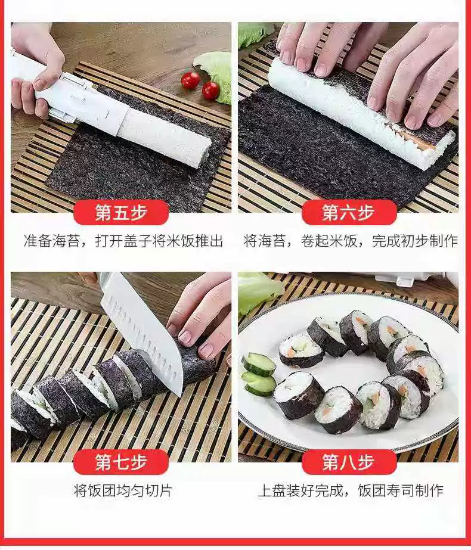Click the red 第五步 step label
120,212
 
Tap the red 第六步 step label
349,212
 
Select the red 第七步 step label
120,462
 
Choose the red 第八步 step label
349,462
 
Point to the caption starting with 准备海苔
123,241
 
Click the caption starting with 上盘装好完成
351,490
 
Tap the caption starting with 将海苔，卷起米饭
351,241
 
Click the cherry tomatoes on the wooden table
200,85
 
